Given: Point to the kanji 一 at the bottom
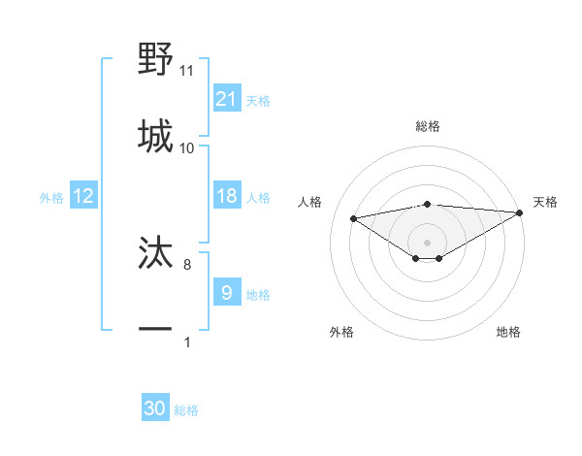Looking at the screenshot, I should tap(156, 329).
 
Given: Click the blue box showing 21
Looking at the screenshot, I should tap(226, 98).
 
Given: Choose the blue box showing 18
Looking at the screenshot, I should tap(226, 196).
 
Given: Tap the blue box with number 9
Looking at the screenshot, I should tap(226, 292).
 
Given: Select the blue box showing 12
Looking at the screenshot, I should tap(83, 196).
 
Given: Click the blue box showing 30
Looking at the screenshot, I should tap(155, 408).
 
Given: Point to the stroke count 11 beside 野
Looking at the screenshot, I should tap(187, 71).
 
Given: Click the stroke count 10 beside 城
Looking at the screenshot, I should tap(187, 148).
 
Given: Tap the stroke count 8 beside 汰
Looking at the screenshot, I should tap(187, 264).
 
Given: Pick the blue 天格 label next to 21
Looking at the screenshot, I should tap(258, 100).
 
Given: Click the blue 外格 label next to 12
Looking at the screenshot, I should tap(51, 198).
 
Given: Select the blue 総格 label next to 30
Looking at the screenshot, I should tap(187, 410).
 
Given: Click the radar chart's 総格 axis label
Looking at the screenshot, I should tap(428, 126).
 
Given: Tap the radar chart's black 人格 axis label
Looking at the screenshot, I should tap(310, 202).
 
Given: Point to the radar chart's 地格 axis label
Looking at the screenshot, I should tap(508, 332).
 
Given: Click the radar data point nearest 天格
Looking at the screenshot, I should tap(521, 213).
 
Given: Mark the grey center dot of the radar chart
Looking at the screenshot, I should tap(427, 242).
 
